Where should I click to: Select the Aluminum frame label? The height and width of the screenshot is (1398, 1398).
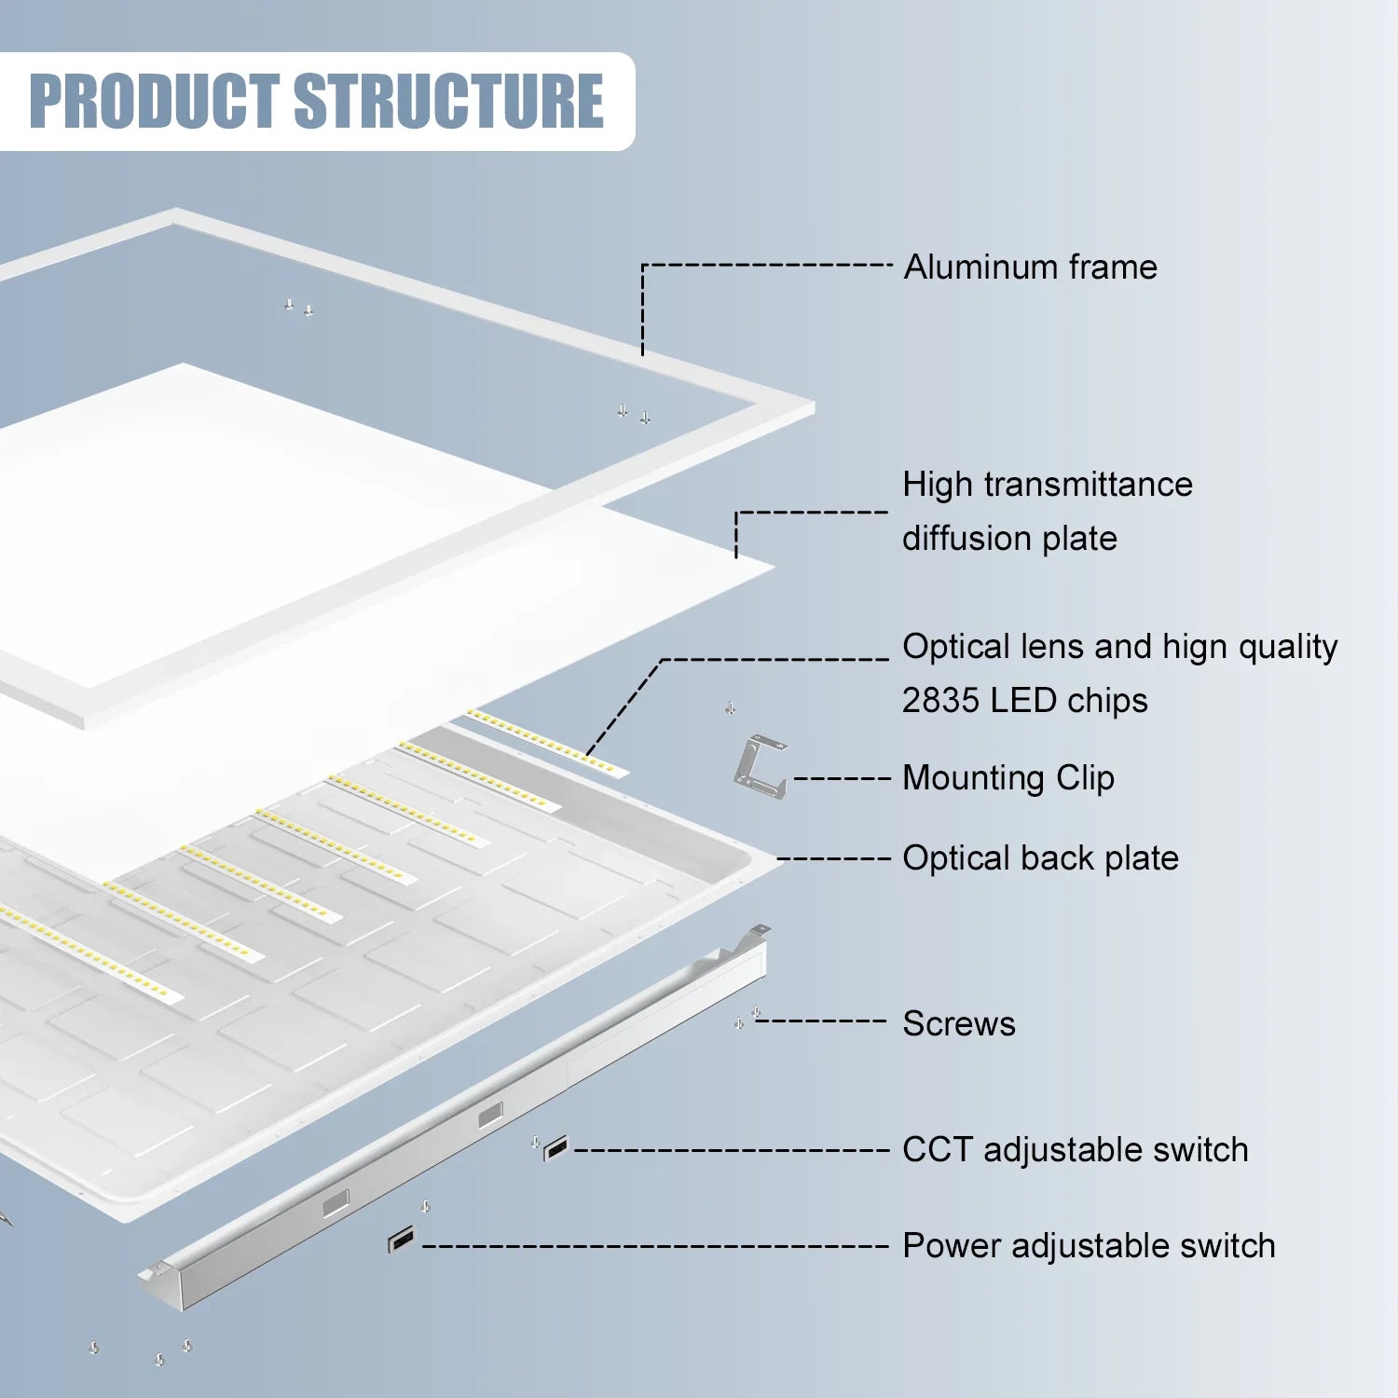(1030, 267)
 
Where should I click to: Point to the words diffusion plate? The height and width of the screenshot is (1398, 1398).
(1009, 539)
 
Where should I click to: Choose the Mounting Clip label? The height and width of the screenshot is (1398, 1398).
(1007, 778)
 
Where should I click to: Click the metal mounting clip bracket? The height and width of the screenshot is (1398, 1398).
(760, 766)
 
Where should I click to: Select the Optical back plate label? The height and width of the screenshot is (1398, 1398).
(1040, 858)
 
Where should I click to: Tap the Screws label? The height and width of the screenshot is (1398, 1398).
(958, 1024)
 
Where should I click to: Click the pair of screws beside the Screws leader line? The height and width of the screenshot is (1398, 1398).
(747, 1018)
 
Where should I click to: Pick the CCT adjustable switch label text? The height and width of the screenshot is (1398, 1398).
(1075, 1150)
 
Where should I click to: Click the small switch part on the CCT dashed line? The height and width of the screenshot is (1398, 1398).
(555, 1149)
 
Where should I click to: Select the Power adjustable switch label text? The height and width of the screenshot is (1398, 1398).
(1088, 1246)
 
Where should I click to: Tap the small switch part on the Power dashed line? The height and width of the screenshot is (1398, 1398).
(402, 1240)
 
